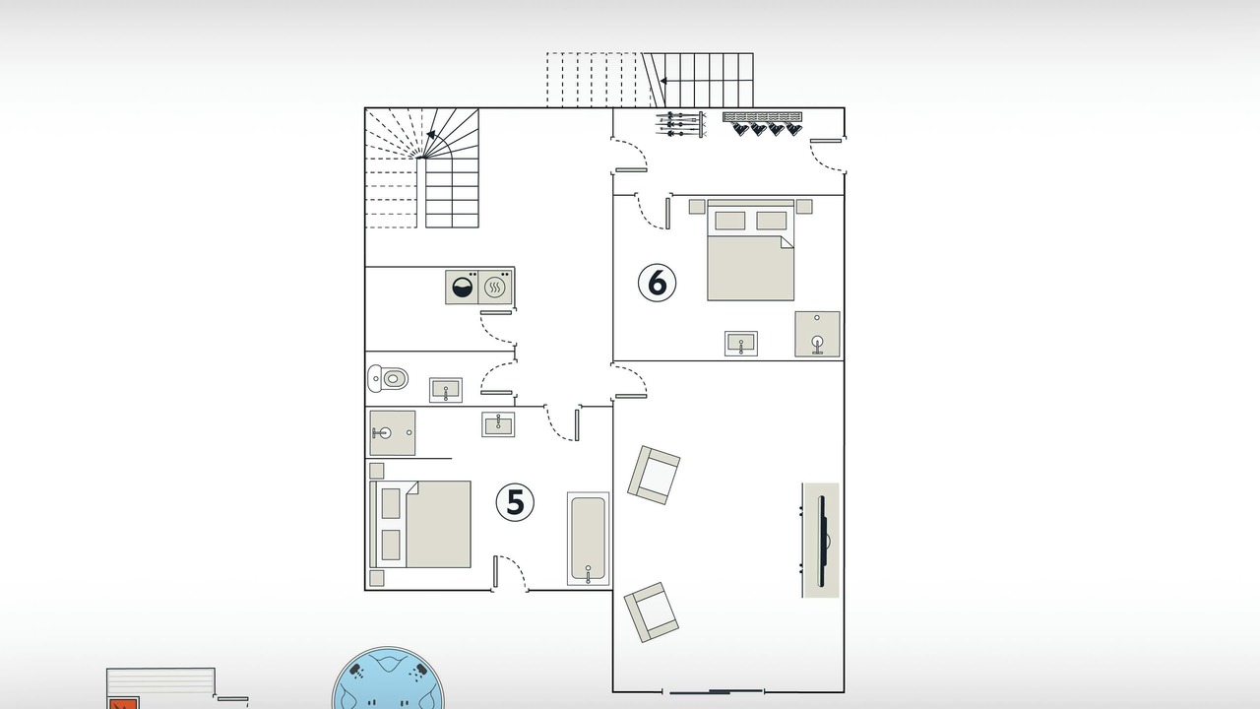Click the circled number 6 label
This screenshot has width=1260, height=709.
[657, 283]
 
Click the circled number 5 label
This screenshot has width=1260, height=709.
[515, 502]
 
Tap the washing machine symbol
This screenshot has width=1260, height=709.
[462, 287]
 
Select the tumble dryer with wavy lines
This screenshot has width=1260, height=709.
[495, 287]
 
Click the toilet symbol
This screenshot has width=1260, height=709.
[388, 378]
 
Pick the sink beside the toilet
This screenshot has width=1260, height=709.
[446, 390]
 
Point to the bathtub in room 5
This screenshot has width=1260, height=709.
[588, 539]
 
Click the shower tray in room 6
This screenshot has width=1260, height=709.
[817, 334]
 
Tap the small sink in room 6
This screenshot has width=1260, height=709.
[741, 344]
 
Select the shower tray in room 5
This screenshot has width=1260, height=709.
[393, 432]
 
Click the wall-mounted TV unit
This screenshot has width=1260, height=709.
[820, 541]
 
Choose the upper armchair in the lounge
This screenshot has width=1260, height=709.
[654, 475]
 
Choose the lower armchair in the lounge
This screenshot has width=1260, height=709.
[652, 612]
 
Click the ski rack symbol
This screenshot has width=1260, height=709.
[680, 124]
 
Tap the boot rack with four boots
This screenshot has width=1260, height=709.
[762, 124]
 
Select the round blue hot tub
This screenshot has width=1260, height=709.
[388, 678]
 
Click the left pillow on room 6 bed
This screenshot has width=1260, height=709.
[730, 221]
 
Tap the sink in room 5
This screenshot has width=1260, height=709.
[498, 424]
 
